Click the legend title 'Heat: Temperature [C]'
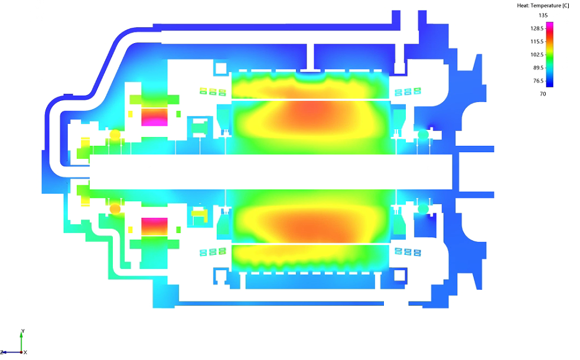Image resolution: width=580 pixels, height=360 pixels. [543, 5]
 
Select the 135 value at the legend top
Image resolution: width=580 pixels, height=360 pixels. [543, 15]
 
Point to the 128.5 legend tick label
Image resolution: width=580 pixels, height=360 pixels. [537, 28]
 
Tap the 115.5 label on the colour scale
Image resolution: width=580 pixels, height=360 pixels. [537, 41]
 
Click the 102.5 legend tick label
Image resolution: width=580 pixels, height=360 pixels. [537, 55]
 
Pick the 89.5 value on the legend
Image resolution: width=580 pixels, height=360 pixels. [538, 68]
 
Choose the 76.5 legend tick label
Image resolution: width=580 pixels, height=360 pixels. [538, 81]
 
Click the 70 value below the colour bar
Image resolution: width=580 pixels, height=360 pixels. [543, 94]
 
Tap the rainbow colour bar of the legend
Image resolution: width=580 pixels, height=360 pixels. [550, 54]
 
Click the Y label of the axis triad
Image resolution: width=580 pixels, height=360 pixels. [23, 331]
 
